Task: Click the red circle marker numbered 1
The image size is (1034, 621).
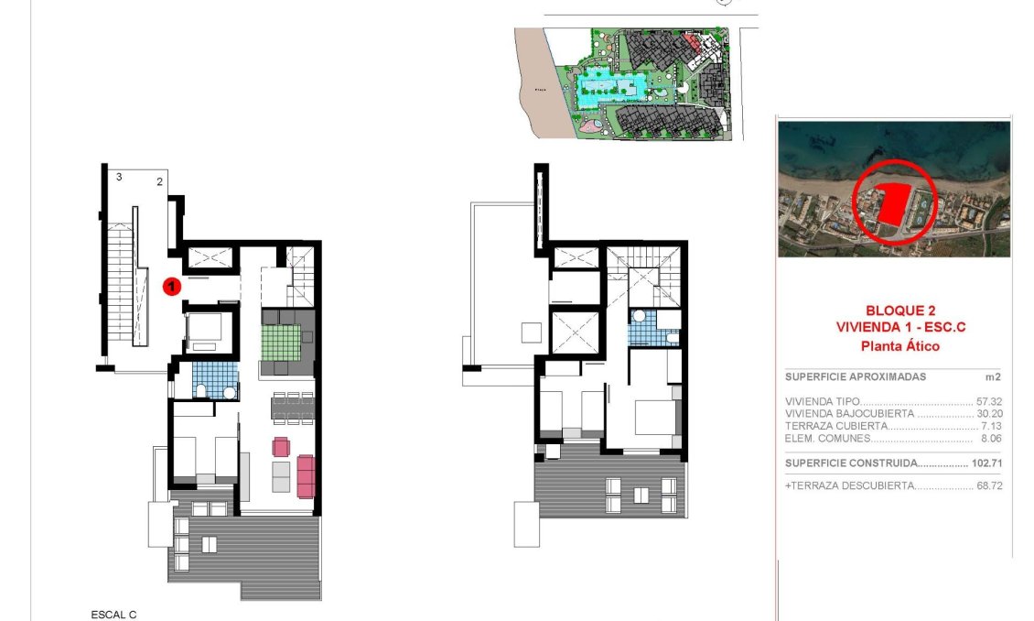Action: click(171, 287)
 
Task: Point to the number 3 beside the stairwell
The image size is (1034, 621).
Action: click(119, 177)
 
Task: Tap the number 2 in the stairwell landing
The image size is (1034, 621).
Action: click(159, 182)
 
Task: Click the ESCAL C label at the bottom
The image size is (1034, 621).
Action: click(113, 615)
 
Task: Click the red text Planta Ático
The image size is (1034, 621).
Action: click(893, 346)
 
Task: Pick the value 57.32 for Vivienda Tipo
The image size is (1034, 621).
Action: click(988, 402)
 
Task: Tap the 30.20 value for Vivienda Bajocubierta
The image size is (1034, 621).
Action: click(988, 414)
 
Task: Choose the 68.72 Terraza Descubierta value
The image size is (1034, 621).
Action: click(988, 485)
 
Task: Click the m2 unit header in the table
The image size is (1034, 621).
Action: click(994, 376)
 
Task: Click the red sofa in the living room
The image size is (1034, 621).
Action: click(306, 475)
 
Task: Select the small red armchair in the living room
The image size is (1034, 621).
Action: click(281, 447)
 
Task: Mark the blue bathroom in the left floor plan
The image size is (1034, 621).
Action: click(215, 379)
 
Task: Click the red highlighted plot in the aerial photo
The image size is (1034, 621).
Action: click(893, 206)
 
